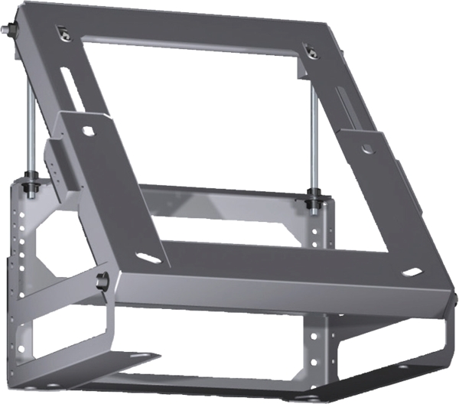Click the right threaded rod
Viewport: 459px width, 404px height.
click(x=313, y=138)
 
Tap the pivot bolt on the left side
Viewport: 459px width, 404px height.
click(x=102, y=281)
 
